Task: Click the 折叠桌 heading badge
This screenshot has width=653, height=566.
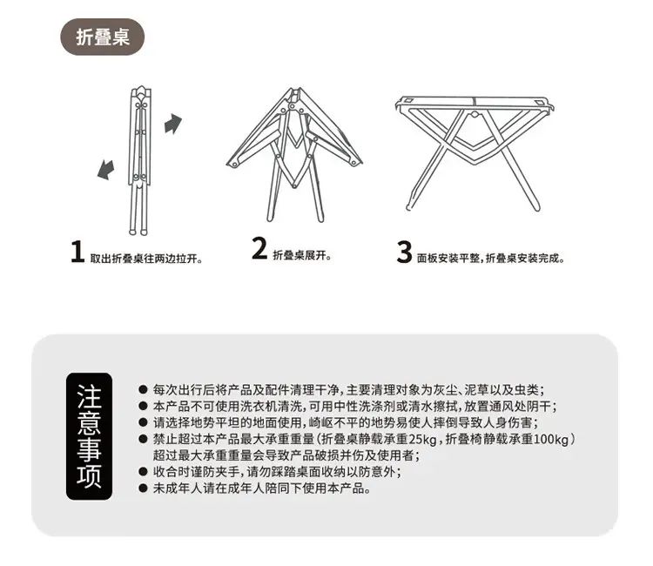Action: (103, 37)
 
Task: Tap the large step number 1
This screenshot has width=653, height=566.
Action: (77, 252)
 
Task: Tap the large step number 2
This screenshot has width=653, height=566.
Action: (259, 248)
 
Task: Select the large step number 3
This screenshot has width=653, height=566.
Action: (404, 252)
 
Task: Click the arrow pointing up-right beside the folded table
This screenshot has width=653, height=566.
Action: (173, 124)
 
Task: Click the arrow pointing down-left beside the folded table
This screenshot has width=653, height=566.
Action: (105, 170)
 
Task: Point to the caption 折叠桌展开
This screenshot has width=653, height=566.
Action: (302, 255)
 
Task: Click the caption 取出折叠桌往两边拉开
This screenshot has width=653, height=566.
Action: (146, 259)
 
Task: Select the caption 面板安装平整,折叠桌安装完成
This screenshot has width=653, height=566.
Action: (491, 259)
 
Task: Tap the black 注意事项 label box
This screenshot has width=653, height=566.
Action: (89, 436)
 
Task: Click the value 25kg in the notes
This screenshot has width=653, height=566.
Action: (422, 440)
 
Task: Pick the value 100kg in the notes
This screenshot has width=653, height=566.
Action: (551, 440)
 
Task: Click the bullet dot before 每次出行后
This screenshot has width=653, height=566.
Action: (144, 390)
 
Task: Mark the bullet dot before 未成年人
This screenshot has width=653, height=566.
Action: (144, 489)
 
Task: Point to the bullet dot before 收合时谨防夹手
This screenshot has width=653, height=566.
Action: (144, 472)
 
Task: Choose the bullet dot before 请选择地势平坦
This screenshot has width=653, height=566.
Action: (144, 422)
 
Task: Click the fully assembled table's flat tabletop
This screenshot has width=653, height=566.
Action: (475, 101)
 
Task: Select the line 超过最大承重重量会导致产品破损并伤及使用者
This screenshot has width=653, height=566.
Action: (286, 455)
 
